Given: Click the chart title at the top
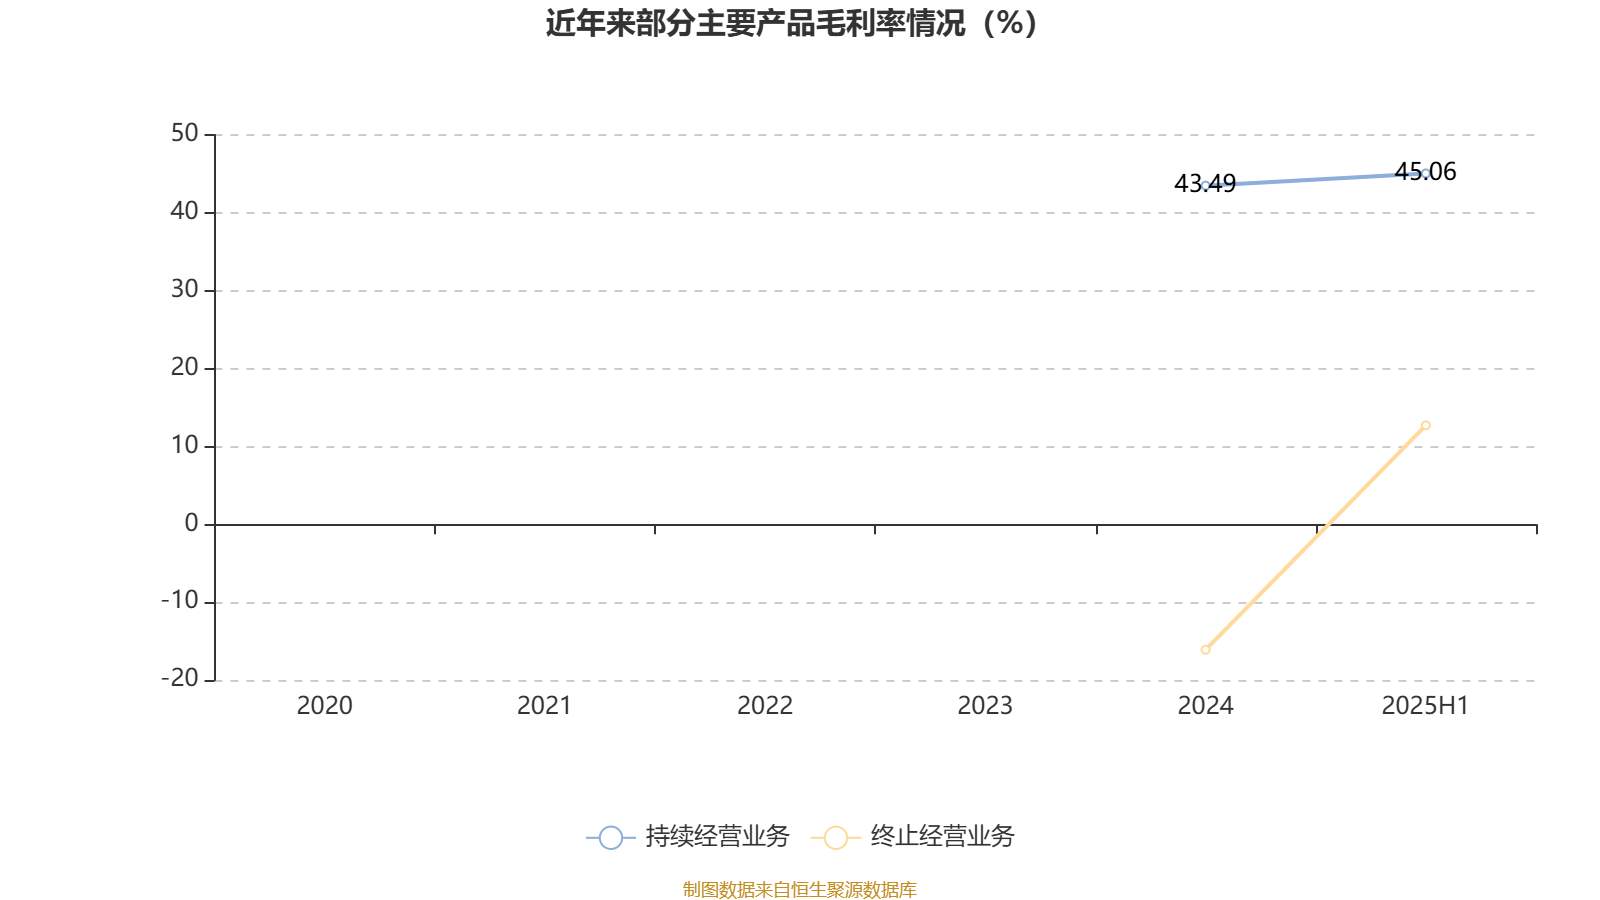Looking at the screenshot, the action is click(791, 24).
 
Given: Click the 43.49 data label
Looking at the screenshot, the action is click(1205, 184).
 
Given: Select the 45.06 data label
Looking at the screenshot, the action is click(1425, 171).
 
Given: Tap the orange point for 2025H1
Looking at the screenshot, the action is click(1426, 426).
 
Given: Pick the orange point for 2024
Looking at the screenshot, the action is click(1206, 650).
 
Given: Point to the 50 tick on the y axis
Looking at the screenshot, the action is click(184, 134).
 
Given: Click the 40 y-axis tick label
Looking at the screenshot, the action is click(184, 211).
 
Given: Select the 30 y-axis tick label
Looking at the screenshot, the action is click(184, 289).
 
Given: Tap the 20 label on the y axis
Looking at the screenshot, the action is click(184, 367).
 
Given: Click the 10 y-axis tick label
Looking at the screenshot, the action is click(184, 446).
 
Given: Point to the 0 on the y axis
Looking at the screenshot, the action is click(191, 524).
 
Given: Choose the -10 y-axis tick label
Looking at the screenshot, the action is click(180, 601).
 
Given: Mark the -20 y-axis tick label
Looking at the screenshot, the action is click(180, 679).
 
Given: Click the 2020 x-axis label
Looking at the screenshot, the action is click(324, 706).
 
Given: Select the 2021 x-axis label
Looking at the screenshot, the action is click(544, 706).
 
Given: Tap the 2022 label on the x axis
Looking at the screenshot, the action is click(765, 706).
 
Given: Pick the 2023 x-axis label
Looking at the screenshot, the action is click(985, 706).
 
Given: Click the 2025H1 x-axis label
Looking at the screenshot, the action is click(1425, 706).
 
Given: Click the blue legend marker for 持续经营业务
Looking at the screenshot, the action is click(611, 837).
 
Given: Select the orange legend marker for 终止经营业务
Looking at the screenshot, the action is click(836, 837).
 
